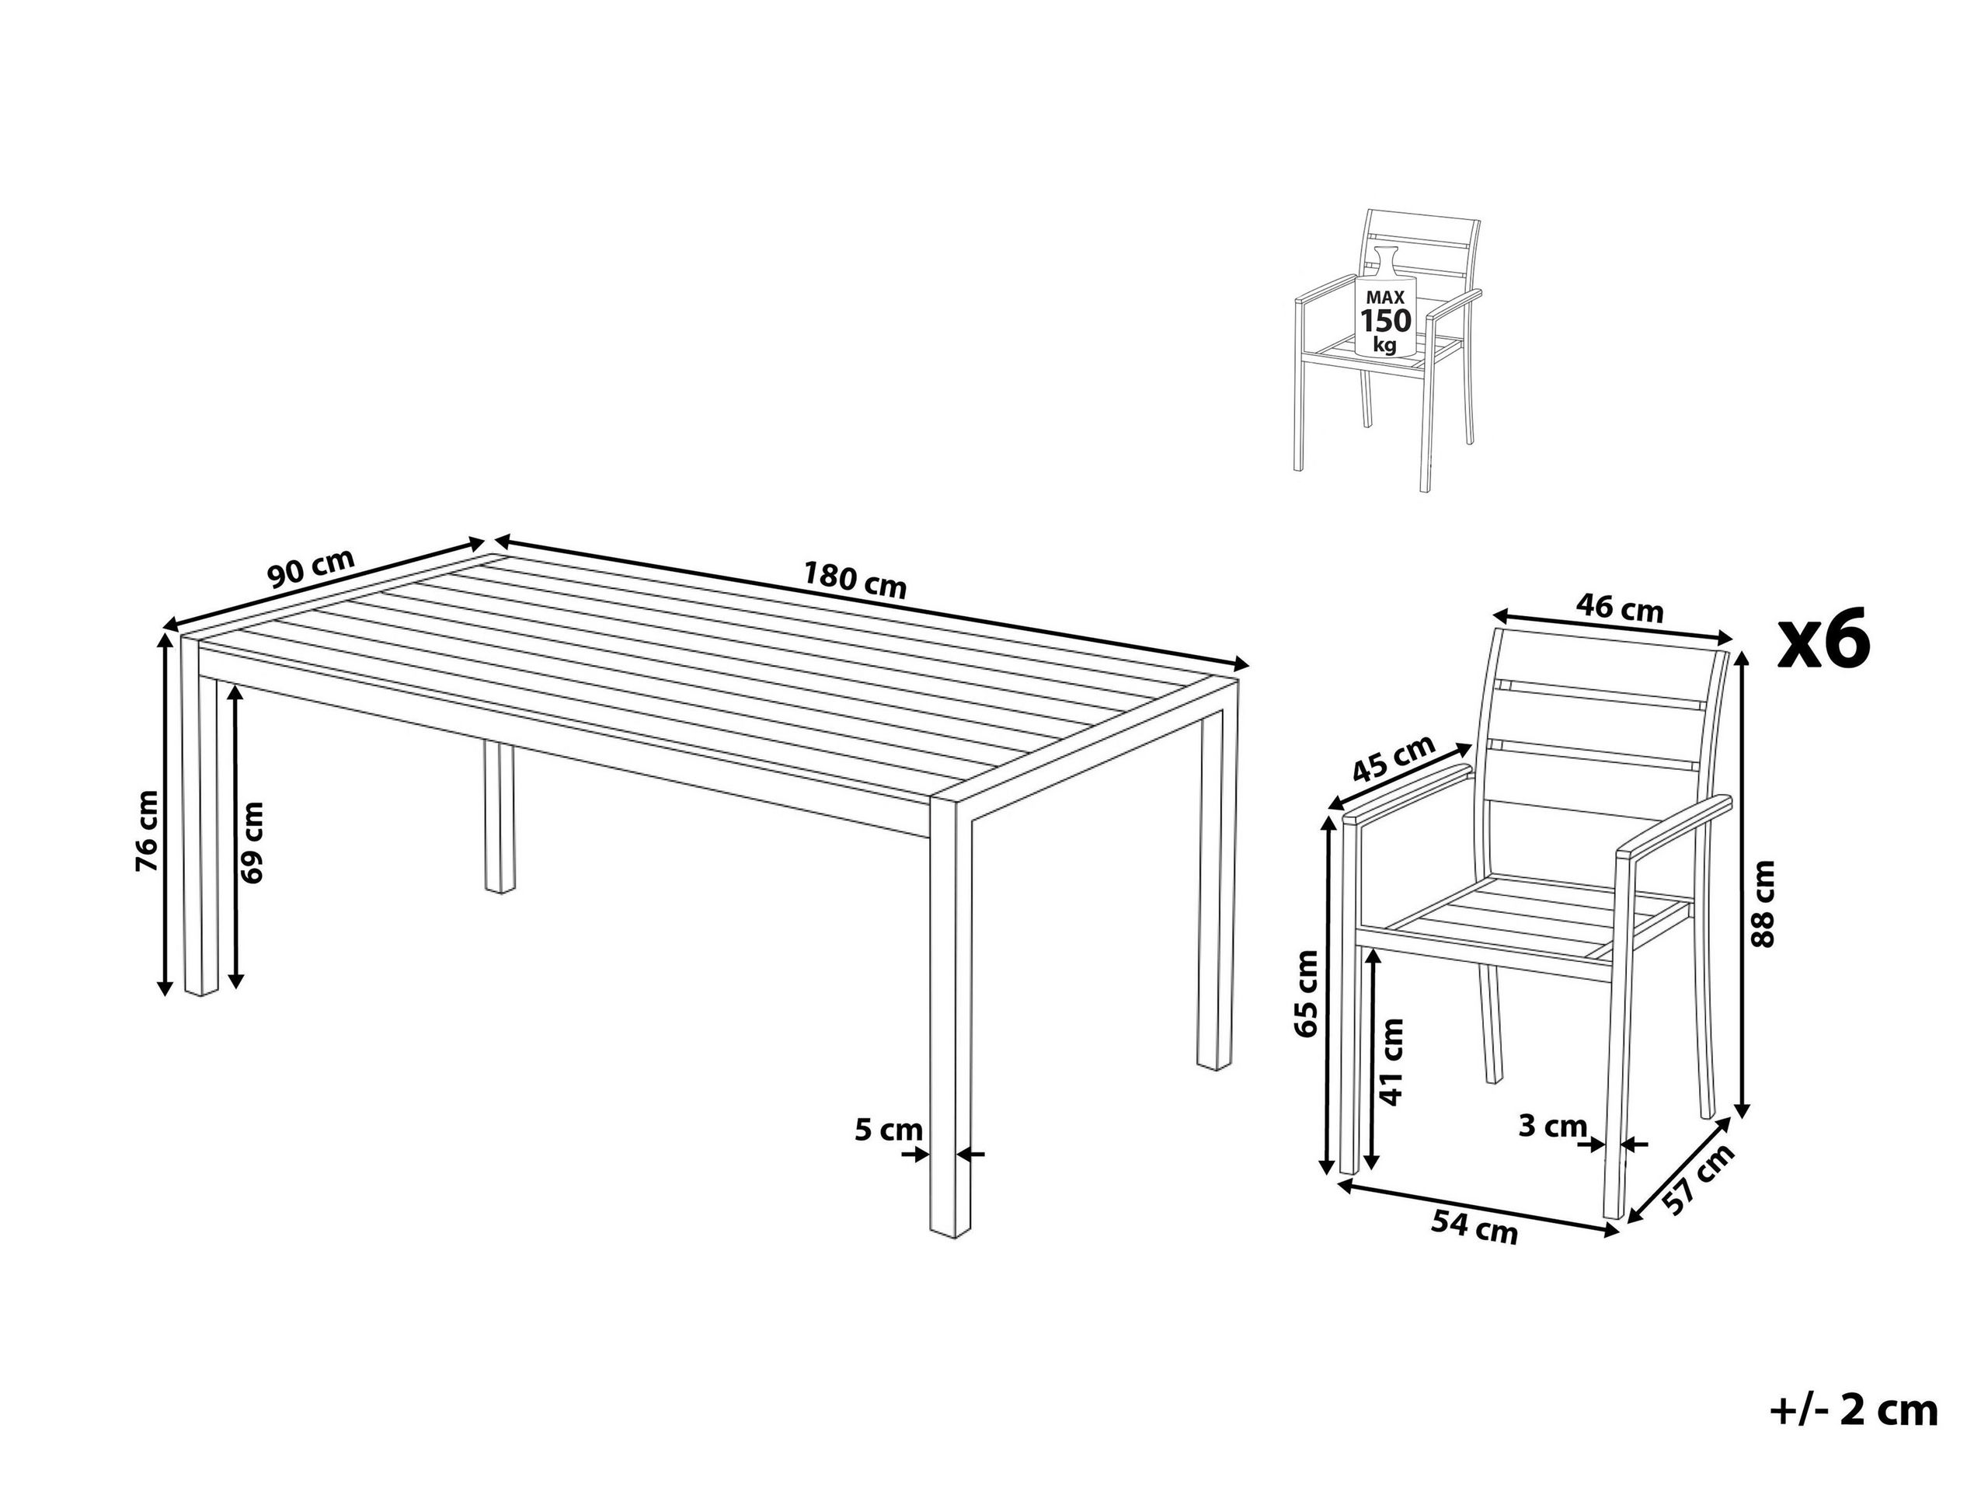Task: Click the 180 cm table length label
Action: coord(854,580)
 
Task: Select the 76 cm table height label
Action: coord(147,831)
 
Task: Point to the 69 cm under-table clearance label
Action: coord(253,841)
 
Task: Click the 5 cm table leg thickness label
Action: coord(888,1129)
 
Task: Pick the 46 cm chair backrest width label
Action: coord(1620,609)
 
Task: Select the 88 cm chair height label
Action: coord(1764,904)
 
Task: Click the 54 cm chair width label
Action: coord(1474,1227)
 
